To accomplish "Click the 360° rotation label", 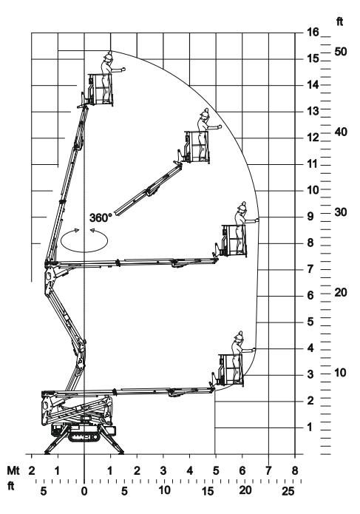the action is (x=101, y=217).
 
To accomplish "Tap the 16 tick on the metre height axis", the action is (x=313, y=32).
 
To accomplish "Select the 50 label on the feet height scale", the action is (x=340, y=52).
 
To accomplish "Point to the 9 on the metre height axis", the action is (x=310, y=217).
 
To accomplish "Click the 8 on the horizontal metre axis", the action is (x=295, y=470).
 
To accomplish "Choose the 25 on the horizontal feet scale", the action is (x=288, y=491).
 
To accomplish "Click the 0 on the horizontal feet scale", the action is (x=84, y=491).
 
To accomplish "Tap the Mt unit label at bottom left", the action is (x=13, y=470).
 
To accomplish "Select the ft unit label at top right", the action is (x=340, y=21).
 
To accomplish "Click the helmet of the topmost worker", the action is (x=108, y=55).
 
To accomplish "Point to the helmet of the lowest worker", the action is (x=238, y=336).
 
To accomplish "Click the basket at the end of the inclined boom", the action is (x=197, y=146).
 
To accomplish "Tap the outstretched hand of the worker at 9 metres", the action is (x=257, y=220).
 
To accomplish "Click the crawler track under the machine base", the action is (x=84, y=437).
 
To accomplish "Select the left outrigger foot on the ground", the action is (x=47, y=453).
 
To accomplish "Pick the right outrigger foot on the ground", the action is (x=121, y=453).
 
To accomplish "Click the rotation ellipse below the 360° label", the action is (x=84, y=251).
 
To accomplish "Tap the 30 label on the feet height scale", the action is (x=340, y=212).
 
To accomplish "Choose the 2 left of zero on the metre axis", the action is (x=32, y=470).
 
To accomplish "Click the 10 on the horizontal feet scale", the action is (x=164, y=490).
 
